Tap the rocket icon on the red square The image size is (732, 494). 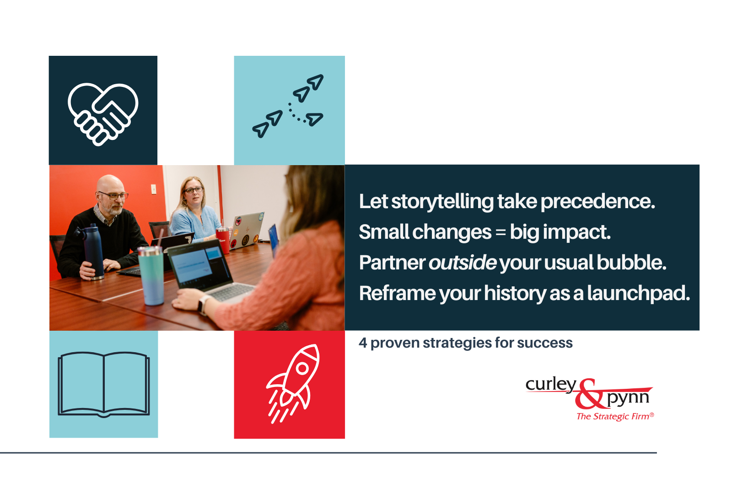click(x=293, y=383)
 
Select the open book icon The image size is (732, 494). click(x=104, y=384)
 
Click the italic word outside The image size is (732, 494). click(x=463, y=263)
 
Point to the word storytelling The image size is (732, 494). click(x=442, y=202)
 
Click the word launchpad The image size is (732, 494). click(x=638, y=293)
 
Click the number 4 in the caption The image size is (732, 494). click(x=363, y=343)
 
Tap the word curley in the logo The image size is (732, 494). click(x=550, y=384)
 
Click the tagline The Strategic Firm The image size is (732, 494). click(x=614, y=416)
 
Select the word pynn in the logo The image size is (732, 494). click(x=628, y=398)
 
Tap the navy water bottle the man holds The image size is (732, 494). click(x=93, y=251)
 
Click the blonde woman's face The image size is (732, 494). click(x=193, y=192)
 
